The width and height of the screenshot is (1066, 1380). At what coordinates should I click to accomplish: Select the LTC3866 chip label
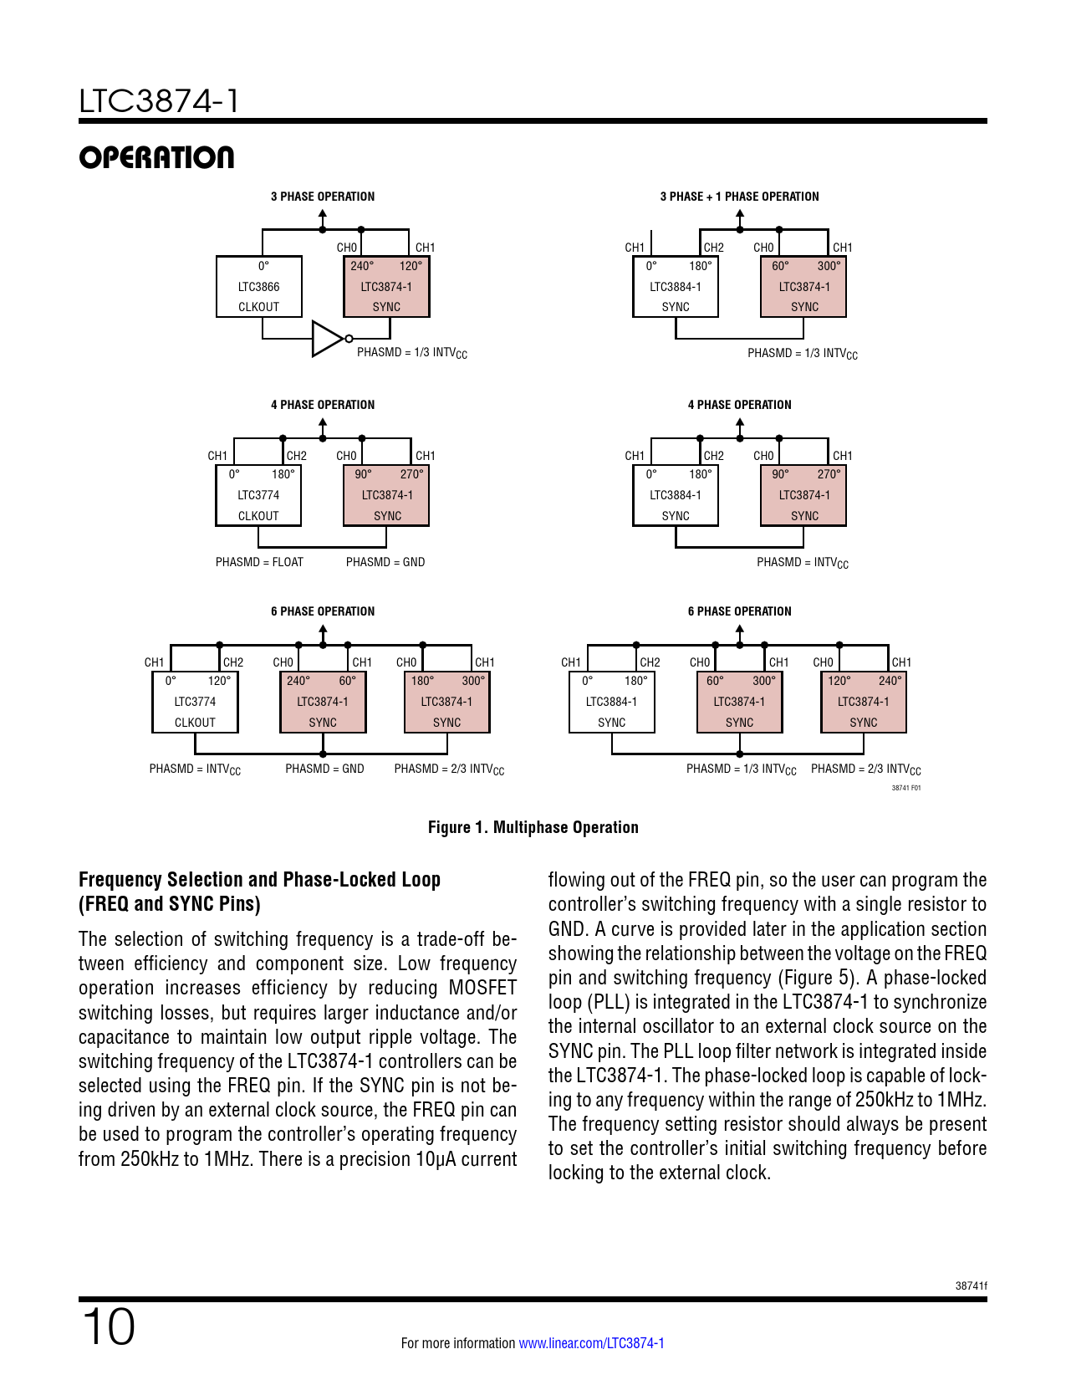[x=259, y=287]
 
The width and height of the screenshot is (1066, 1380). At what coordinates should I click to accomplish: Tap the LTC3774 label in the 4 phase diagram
[x=258, y=495]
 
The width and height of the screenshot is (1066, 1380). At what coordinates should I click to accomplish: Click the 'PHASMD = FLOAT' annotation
[x=259, y=562]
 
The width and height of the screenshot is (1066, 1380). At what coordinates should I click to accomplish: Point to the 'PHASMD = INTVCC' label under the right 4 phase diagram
[x=802, y=563]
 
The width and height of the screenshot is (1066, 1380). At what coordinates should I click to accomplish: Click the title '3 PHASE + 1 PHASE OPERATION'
[x=739, y=197]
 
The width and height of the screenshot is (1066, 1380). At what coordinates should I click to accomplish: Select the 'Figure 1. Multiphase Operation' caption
[x=533, y=827]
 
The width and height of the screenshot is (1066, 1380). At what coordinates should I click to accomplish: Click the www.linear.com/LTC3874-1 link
[x=591, y=1343]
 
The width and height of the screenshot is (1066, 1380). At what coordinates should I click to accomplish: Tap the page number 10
[x=108, y=1326]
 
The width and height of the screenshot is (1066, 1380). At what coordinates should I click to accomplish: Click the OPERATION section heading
[x=156, y=157]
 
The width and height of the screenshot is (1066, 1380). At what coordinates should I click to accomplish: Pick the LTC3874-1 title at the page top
[x=159, y=101]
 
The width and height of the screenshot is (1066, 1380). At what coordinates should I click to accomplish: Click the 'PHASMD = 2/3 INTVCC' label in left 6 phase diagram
[x=449, y=769]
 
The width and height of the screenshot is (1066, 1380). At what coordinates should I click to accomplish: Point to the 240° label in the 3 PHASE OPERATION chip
[x=362, y=266]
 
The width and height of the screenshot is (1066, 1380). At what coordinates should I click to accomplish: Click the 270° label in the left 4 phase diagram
[x=411, y=474]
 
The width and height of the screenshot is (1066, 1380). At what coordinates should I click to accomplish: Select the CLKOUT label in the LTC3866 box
[x=259, y=307]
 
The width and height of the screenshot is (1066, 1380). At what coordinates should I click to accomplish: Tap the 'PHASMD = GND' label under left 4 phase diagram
[x=385, y=562]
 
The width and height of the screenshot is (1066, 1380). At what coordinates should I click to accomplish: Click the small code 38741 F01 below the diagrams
[x=905, y=788]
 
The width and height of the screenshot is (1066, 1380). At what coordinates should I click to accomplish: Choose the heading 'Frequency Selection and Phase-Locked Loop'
[x=259, y=880]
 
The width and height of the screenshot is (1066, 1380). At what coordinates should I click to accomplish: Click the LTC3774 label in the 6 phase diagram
[x=195, y=702]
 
